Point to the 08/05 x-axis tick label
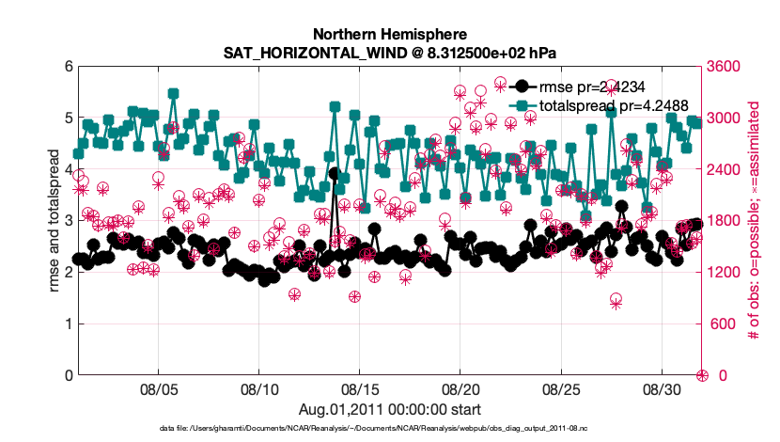(x=158, y=389)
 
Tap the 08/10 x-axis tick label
(x=258, y=389)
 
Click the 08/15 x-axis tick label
(x=359, y=389)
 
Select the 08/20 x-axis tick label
(x=460, y=389)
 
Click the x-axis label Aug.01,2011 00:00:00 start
(x=389, y=409)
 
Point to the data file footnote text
(x=389, y=430)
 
